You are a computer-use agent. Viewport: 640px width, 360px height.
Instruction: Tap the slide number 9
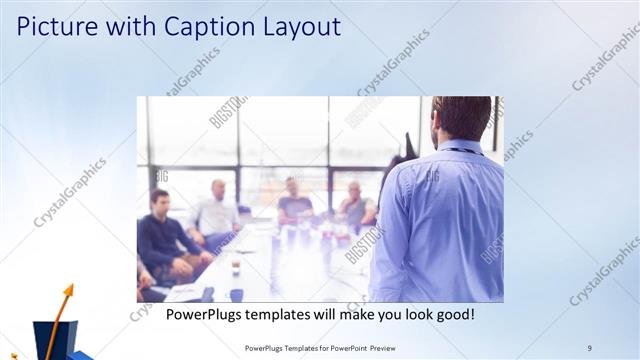590,347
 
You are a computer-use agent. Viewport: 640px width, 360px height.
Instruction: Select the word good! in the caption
452,315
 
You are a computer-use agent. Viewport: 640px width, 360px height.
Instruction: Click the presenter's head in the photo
461,118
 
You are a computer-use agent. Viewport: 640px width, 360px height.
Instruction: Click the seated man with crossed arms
356,206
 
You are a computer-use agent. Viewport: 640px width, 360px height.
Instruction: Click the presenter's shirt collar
460,147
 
